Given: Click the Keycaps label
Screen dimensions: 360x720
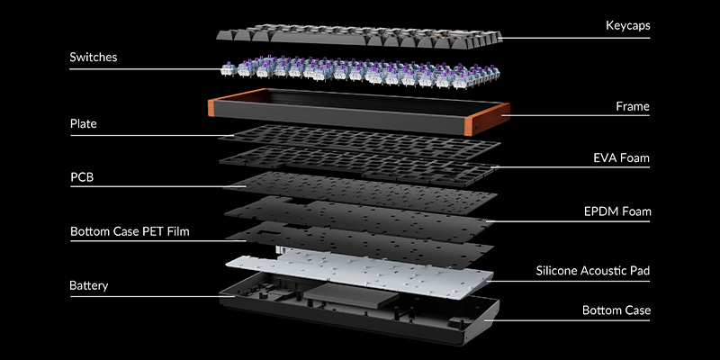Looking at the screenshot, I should tap(627, 26).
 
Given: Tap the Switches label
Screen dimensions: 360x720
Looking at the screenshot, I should tap(94, 58).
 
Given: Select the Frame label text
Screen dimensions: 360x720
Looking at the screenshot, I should tap(633, 106).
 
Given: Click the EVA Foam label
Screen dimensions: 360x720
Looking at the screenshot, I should tap(620, 158).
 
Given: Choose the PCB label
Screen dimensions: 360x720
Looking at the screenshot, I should tap(82, 177).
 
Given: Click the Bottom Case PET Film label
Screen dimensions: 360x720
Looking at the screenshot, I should tap(136, 231).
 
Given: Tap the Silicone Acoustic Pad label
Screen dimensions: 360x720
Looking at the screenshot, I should tap(593, 270).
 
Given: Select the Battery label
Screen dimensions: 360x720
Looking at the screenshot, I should tap(88, 286).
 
